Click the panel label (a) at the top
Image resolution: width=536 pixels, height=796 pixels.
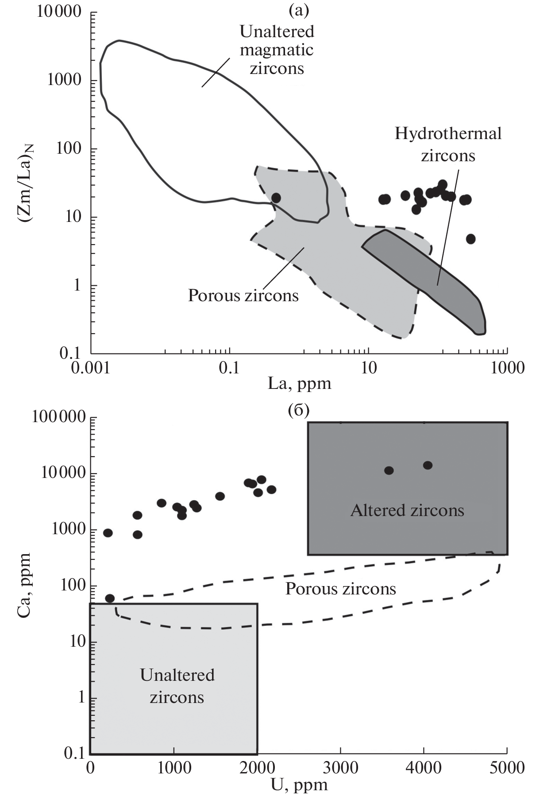click(298, 9)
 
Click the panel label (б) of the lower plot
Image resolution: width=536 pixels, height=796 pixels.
click(298, 411)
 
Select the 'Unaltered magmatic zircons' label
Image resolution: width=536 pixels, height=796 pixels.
click(277, 50)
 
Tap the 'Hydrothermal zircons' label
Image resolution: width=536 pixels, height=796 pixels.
click(448, 144)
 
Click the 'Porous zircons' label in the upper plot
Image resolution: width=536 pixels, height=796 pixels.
click(243, 295)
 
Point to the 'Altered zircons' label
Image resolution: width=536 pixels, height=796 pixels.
click(407, 510)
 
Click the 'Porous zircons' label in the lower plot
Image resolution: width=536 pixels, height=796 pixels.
click(340, 588)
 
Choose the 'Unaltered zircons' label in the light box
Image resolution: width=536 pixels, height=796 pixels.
click(177, 686)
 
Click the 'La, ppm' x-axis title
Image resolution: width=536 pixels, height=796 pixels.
click(300, 383)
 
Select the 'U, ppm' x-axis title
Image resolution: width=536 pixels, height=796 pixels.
click(299, 785)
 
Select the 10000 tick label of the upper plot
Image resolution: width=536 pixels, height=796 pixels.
click(59, 11)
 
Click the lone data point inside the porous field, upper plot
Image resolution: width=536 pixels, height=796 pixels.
click(276, 198)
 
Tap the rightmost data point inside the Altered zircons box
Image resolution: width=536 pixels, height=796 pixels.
click(428, 465)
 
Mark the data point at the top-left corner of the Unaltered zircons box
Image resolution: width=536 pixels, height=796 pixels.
click(110, 598)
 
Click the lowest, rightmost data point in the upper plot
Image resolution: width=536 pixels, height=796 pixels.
click(470, 239)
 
